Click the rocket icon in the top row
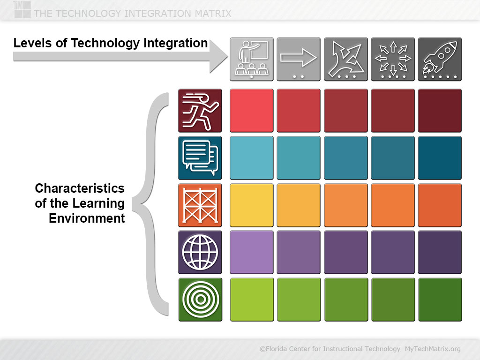point(440,59)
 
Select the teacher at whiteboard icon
point(252,59)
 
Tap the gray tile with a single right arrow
point(299,59)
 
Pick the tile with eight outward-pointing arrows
point(393,59)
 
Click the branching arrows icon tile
point(345,59)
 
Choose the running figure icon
point(200,111)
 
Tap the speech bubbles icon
point(200,157)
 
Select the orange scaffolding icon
point(200,205)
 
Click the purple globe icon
point(200,252)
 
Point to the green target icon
point(200,300)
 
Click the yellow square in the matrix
point(252,205)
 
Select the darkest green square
point(440,300)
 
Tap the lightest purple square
point(252,252)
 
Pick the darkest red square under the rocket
point(440,111)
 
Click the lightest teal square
point(252,157)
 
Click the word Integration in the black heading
point(175,43)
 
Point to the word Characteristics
point(80,188)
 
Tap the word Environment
point(87,218)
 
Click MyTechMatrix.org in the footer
point(433,349)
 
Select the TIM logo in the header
point(22,9)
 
